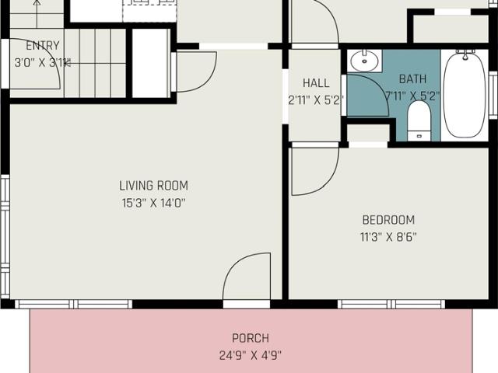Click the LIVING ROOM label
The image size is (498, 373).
[154, 186]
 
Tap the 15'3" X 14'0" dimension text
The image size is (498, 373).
[154, 202]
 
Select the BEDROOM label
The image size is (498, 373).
[388, 220]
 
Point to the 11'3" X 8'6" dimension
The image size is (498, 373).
[388, 236]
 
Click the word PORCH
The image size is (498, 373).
[251, 338]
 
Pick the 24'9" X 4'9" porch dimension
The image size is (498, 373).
[251, 355]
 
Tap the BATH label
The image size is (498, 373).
[412, 78]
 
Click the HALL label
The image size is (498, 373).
[316, 83]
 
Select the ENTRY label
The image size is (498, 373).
[43, 46]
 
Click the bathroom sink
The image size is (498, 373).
[365, 61]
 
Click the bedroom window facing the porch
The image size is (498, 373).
[391, 304]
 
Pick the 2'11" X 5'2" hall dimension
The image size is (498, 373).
[316, 100]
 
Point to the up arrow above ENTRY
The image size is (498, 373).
[37, 14]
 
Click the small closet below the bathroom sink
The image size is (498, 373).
[368, 133]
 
